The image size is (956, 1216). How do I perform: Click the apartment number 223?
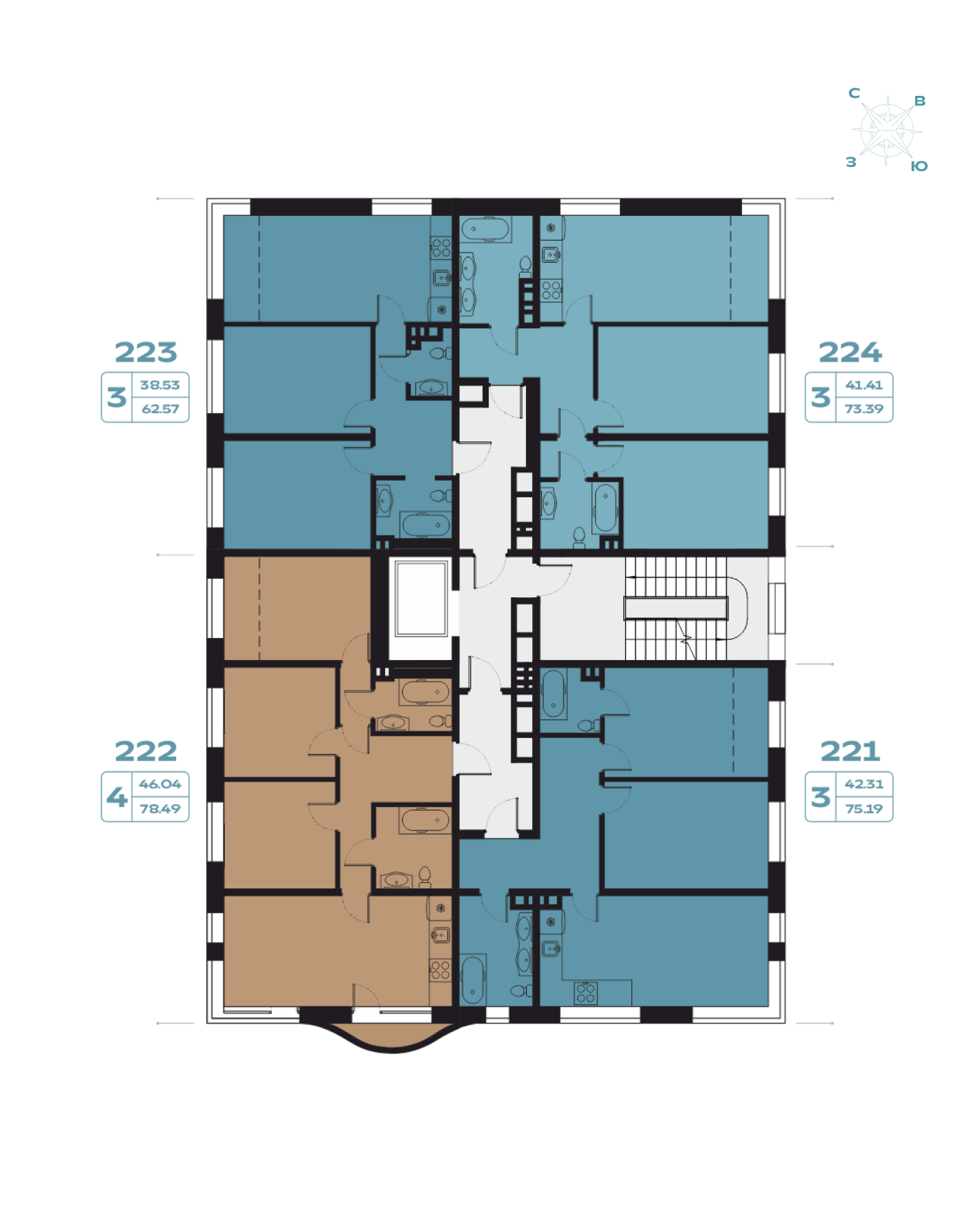146,352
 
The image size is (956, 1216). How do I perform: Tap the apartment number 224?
850,352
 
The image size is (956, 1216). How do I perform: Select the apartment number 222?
146,751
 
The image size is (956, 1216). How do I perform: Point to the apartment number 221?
850,751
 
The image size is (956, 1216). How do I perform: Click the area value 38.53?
159,385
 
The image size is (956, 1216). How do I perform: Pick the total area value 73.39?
864,409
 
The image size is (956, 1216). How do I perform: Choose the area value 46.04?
159,784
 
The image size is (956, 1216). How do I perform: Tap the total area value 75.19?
864,808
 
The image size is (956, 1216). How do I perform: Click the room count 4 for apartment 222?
117,797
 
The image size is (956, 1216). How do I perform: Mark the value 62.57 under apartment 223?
160,409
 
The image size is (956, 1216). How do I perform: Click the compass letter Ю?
919,166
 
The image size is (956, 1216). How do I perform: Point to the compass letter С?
854,93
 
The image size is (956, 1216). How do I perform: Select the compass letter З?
851,162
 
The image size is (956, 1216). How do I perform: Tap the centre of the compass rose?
887,130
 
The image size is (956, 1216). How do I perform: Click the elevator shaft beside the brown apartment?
421,598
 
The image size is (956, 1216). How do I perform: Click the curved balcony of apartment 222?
392,1035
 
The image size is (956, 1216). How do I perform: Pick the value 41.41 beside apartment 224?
864,385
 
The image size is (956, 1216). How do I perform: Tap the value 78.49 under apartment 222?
159,808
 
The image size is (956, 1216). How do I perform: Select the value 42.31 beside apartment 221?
864,784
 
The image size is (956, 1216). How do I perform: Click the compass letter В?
919,101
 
